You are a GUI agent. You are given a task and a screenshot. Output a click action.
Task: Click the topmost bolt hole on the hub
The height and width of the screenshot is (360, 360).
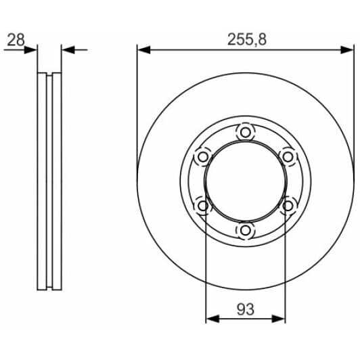tap(244, 131)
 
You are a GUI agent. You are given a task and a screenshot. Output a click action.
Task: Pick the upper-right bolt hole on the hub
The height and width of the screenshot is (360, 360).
tap(288, 156)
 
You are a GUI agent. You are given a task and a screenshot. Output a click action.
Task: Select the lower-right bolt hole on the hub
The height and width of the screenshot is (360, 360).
tap(288, 206)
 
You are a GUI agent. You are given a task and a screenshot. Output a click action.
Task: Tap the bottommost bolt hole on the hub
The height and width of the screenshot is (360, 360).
tap(244, 231)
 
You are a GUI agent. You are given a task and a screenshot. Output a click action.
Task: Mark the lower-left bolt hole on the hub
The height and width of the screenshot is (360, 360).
tap(202, 206)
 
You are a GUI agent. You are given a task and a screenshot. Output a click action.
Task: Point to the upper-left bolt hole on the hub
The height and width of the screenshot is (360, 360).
tap(202, 156)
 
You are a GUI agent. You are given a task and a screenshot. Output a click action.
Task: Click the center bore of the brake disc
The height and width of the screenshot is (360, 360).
tap(244, 181)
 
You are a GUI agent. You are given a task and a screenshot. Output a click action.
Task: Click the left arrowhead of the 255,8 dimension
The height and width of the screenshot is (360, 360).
tap(143, 49)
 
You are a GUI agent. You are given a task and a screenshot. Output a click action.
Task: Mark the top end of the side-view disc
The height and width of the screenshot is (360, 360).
tap(49, 73)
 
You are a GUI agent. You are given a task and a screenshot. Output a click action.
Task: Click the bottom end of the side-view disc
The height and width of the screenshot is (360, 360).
tap(49, 289)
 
